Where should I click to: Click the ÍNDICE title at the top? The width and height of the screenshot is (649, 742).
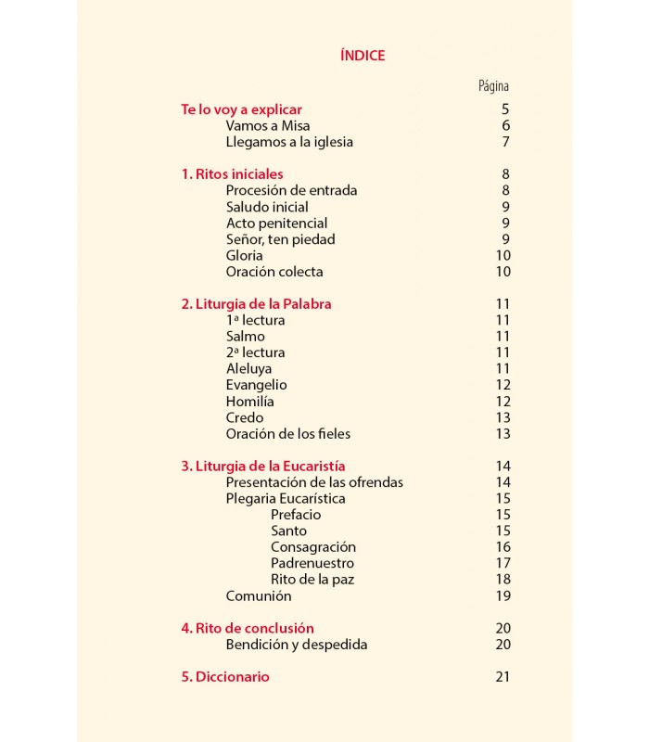coord(363,56)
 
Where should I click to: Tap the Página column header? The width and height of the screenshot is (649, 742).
coord(493,86)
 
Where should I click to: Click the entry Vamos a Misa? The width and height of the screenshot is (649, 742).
coord(268,126)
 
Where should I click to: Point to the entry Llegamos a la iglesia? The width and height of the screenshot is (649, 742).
coord(289,142)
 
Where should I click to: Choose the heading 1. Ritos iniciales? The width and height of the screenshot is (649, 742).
coord(232,174)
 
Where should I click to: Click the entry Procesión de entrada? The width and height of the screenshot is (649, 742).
coord(291,190)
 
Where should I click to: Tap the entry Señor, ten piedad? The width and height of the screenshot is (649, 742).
coord(280,239)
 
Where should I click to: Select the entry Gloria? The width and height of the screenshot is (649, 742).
coord(245,255)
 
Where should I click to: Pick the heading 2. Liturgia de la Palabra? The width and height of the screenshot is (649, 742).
coord(256,304)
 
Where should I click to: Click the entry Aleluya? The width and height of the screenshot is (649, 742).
coord(249,368)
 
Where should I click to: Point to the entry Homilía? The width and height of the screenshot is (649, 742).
coord(250,402)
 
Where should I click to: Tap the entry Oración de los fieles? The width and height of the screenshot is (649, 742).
coord(288,433)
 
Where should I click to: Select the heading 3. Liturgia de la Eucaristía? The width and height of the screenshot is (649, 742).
coord(262,466)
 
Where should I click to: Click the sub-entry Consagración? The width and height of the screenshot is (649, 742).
coord(313,547)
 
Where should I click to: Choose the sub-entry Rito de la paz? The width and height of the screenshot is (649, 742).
coord(312,580)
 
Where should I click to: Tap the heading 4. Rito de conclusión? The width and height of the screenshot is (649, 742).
coord(248,628)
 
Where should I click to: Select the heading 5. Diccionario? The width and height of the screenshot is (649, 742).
coord(225,677)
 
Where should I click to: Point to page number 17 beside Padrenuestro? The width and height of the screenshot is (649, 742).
coord(503,563)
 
